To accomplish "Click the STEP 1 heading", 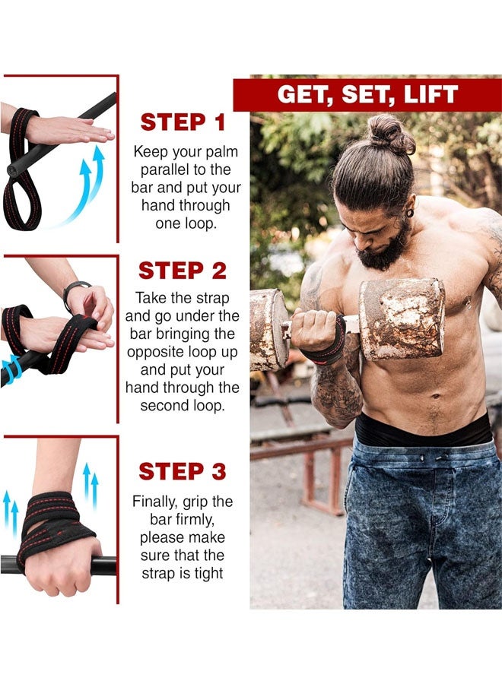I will point(183,122).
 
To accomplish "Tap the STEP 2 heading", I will point(183,271).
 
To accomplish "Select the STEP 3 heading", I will point(183,471).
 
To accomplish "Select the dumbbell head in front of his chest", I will point(401,318).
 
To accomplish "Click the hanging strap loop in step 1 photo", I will point(20,194).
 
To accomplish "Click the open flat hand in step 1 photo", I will point(72,131).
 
